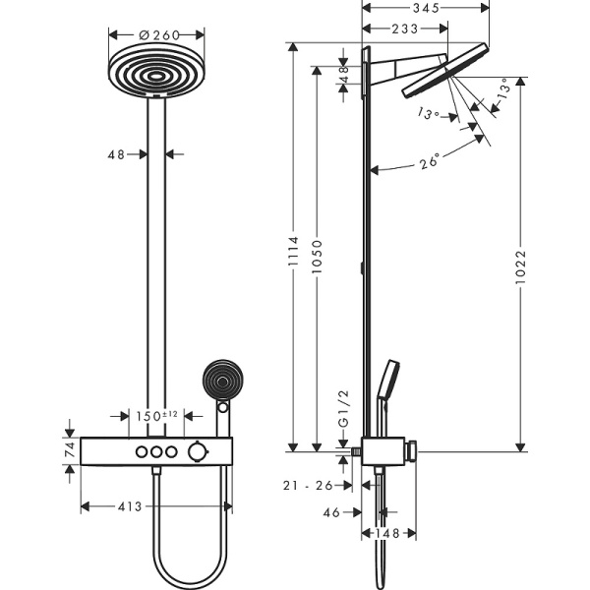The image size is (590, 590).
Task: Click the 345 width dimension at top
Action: pos(425,8)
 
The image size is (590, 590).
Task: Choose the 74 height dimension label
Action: pos(69,451)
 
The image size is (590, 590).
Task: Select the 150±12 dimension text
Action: pos(155,415)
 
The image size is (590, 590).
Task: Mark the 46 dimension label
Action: pos(333,512)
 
